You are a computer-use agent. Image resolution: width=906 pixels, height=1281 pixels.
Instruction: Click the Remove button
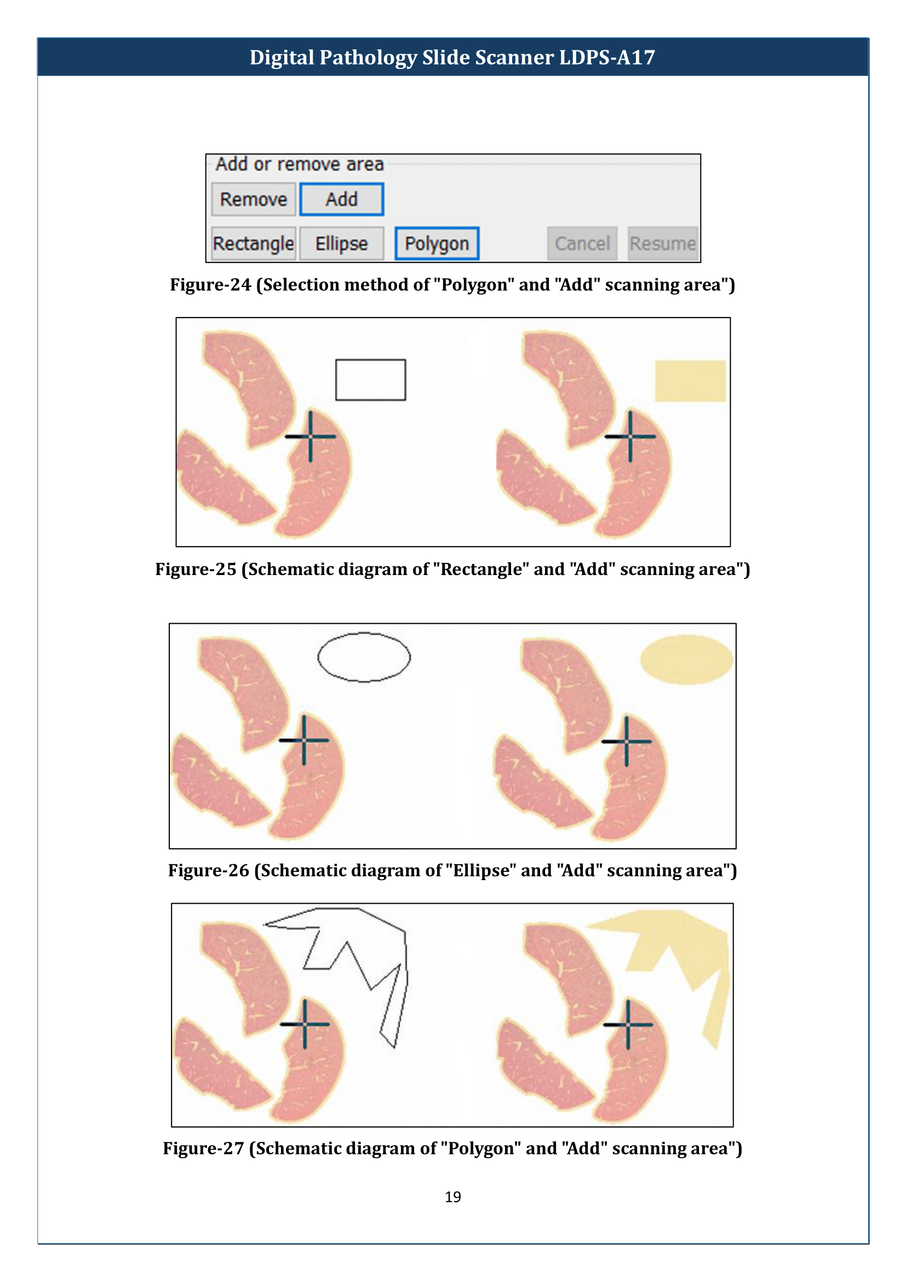(253, 199)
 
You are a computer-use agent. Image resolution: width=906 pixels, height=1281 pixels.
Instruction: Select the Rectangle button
(253, 243)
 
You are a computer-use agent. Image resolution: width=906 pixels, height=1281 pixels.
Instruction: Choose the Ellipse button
(341, 243)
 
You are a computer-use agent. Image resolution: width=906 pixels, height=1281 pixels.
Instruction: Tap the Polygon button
(437, 243)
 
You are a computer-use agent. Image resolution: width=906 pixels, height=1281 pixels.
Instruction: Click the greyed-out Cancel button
(582, 243)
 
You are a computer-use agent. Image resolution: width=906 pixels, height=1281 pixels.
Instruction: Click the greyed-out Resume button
(662, 243)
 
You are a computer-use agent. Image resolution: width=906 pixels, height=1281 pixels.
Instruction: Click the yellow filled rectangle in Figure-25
(690, 381)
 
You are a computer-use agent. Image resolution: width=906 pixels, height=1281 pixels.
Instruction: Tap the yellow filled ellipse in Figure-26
(686, 659)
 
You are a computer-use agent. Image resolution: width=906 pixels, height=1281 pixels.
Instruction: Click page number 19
(452, 1197)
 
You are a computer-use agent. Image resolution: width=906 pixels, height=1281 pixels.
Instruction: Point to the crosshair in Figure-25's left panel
(310, 436)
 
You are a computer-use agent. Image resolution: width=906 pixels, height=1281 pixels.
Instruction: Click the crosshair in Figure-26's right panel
(626, 742)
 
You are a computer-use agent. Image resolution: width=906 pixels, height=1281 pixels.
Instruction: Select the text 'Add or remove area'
(300, 164)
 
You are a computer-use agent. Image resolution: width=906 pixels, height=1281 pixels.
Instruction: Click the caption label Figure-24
(210, 285)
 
